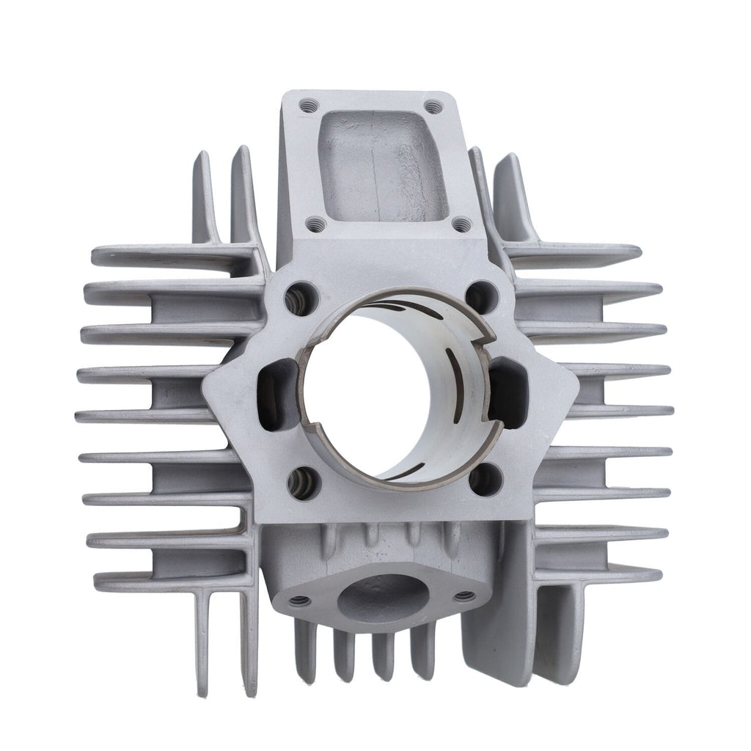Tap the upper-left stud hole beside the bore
click(x=303, y=296)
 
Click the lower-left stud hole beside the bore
click(x=301, y=481)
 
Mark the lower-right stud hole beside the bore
click(x=485, y=480)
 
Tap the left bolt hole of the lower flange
click(x=298, y=601)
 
